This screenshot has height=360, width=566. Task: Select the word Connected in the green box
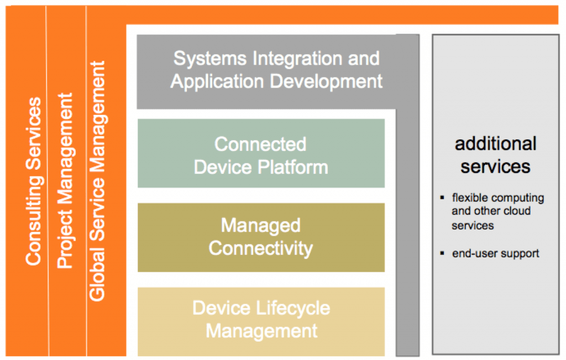(260, 144)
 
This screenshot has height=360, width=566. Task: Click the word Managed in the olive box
(260, 226)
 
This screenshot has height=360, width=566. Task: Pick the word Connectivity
(260, 248)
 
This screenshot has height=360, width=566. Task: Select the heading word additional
(495, 144)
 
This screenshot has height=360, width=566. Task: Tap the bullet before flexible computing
(443, 197)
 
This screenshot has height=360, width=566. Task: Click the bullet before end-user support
(443, 253)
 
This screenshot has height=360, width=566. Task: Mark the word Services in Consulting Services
(34, 130)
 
